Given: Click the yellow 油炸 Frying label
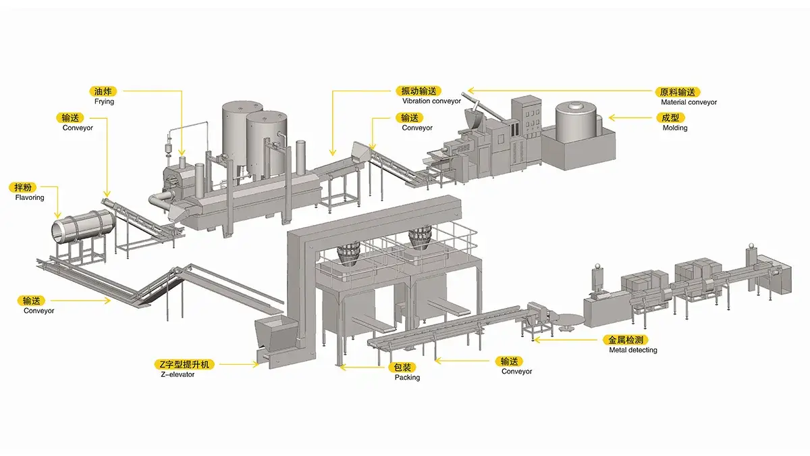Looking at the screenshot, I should click(104, 90).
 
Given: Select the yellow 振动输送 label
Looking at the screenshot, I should click(418, 91).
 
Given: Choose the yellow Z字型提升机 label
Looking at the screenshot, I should click(183, 364).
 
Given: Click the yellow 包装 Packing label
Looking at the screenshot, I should click(402, 368).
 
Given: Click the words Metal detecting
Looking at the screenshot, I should click(632, 350).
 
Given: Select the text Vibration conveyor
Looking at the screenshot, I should click(431, 101).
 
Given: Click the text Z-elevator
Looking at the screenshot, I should click(175, 374).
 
